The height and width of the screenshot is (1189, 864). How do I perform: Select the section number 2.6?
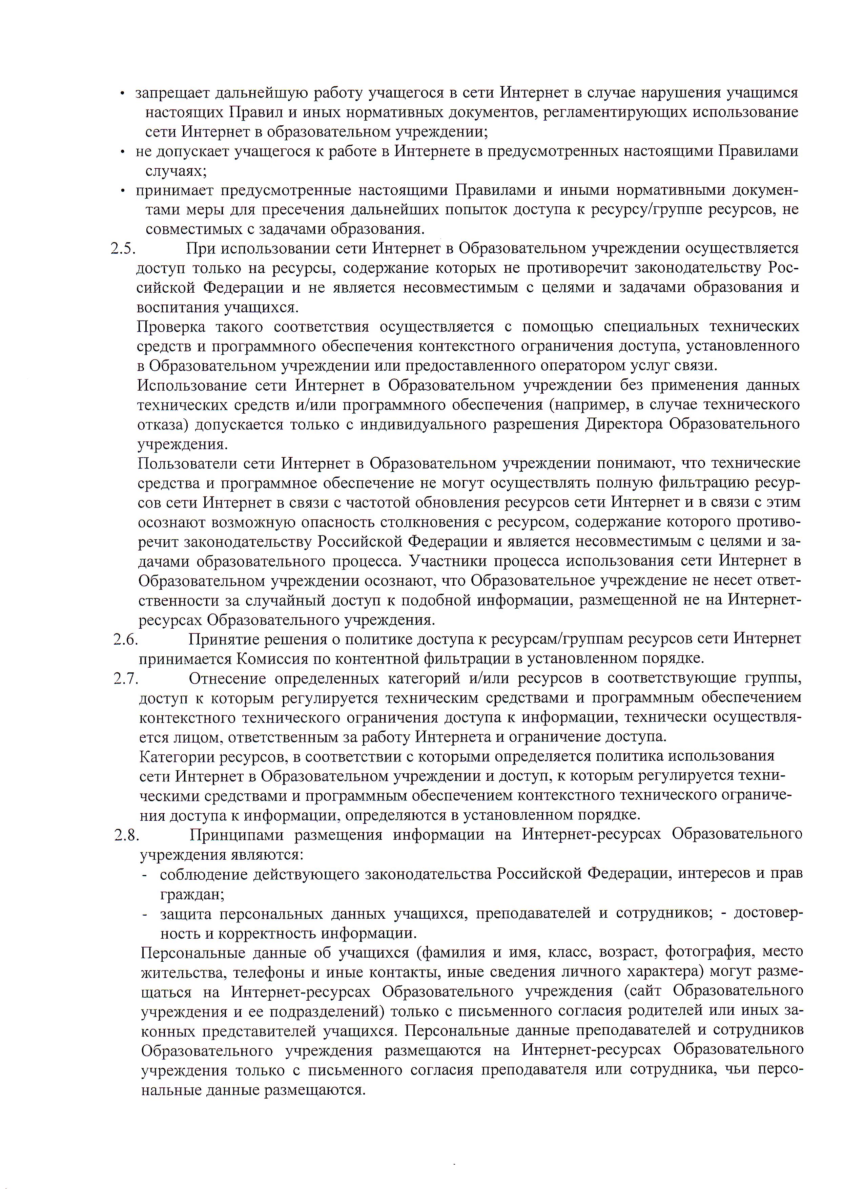(126, 639)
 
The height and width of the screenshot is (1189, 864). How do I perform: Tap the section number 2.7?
(126, 679)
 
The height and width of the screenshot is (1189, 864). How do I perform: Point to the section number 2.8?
(127, 835)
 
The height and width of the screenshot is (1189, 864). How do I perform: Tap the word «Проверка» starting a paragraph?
(171, 327)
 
